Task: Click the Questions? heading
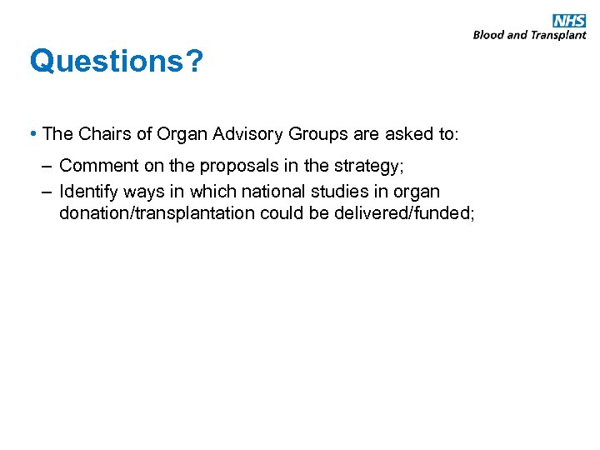pos(115,62)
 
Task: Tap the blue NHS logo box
pos(569,21)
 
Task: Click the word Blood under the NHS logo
pos(488,35)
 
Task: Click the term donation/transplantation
pos(157,213)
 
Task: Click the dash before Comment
pos(47,166)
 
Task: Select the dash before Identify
pos(47,191)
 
